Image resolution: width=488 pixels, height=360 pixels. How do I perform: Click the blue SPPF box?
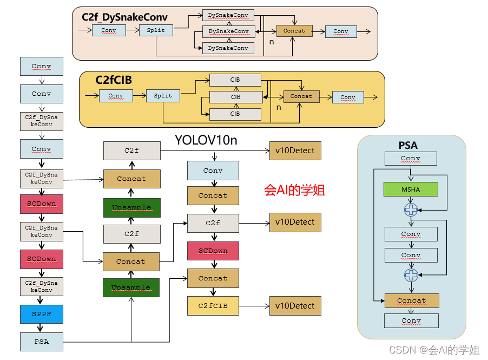(42, 314)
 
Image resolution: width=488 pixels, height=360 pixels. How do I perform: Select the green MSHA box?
(411, 189)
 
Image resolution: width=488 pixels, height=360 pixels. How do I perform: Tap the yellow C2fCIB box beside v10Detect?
(213, 306)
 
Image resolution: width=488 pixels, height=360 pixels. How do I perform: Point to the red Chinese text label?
(294, 191)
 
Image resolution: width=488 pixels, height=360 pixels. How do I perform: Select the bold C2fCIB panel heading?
(114, 80)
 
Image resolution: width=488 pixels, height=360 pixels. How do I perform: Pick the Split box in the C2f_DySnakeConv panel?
(156, 30)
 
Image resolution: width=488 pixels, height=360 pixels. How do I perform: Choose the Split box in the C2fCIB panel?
(163, 96)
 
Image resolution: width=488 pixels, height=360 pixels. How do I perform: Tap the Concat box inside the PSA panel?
(411, 300)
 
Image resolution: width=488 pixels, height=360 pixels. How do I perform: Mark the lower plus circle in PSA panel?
(411, 275)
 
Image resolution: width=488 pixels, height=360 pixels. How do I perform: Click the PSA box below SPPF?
(42, 342)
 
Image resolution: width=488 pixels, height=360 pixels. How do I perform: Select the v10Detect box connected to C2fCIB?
(295, 306)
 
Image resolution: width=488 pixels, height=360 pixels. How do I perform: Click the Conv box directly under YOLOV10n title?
(213, 171)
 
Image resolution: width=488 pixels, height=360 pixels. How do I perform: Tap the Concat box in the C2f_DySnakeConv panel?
(294, 31)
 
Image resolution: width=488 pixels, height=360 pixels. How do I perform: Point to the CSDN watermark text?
(434, 350)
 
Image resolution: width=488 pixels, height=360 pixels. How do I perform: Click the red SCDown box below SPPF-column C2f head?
(213, 251)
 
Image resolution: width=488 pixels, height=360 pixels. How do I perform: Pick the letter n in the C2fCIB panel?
(279, 107)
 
